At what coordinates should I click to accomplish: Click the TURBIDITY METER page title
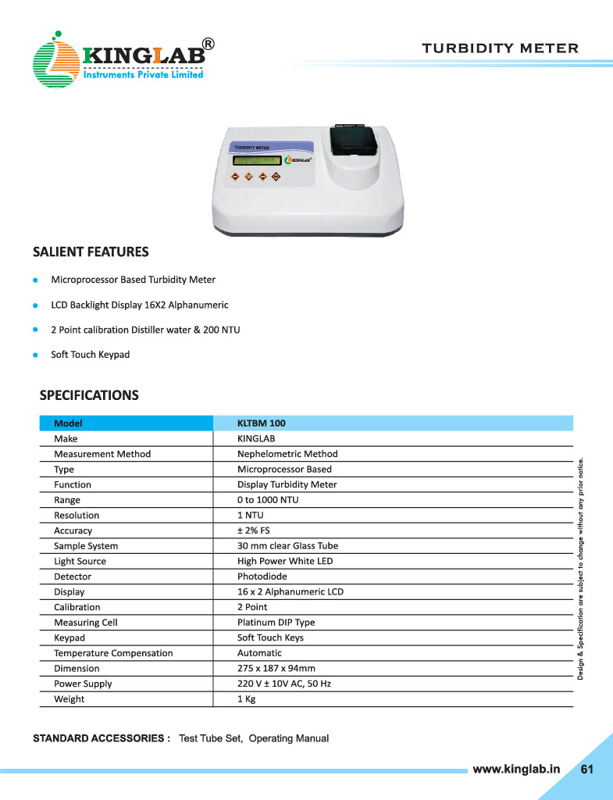(500, 48)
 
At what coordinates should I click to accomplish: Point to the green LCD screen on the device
(256, 160)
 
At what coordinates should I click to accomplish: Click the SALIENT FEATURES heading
(91, 252)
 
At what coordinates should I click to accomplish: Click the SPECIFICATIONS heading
(89, 395)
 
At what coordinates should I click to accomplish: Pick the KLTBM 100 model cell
(262, 423)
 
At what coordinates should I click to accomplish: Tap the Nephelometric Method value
(287, 454)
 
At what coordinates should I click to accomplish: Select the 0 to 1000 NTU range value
(268, 500)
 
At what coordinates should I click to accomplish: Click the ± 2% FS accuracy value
(254, 530)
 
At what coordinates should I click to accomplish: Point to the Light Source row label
(80, 561)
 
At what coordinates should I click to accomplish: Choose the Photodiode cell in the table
(262, 577)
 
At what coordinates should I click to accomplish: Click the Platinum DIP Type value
(276, 623)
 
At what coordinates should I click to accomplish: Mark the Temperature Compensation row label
(113, 653)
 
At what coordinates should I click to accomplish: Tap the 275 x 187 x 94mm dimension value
(276, 669)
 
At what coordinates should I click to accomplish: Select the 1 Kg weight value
(246, 699)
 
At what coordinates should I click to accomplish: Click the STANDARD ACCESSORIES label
(102, 738)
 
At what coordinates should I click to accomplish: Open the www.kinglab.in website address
(517, 769)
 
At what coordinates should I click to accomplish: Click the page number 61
(587, 769)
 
